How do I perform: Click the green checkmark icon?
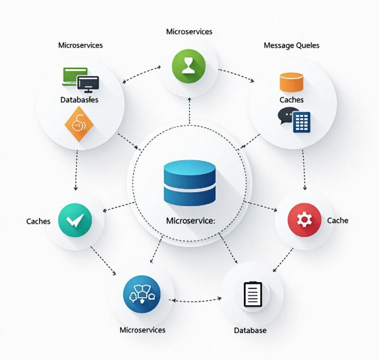[75, 220]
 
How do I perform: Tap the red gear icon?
[304, 220]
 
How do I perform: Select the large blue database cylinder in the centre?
[189, 182]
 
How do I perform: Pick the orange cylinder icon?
[292, 82]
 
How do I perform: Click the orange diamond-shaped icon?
[79, 124]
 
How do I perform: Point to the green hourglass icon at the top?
[189, 65]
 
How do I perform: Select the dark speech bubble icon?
[288, 116]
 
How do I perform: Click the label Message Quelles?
[291, 45]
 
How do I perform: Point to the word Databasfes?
[79, 100]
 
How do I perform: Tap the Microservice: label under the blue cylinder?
[190, 221]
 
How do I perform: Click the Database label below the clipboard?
[250, 330]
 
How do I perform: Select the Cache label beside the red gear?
[338, 221]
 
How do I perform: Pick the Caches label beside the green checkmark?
[38, 221]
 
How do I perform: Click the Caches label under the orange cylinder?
[291, 100]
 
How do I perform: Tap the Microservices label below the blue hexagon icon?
[143, 330]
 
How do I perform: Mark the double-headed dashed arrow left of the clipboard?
[196, 300]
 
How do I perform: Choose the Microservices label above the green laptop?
[80, 45]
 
